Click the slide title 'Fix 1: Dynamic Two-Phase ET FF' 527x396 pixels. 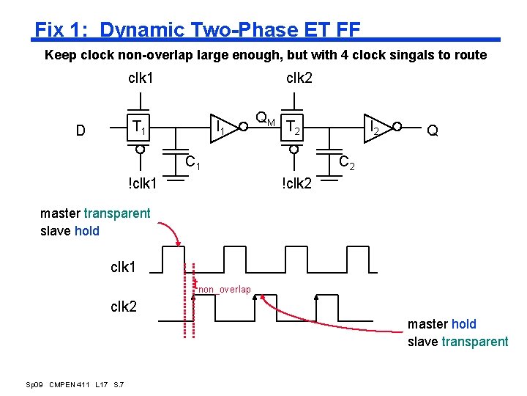(198, 30)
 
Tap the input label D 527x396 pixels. (81, 131)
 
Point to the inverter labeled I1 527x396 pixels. (228, 128)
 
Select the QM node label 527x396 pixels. (265, 118)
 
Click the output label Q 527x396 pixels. (433, 131)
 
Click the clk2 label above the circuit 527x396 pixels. (299, 77)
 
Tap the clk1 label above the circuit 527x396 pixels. (141, 77)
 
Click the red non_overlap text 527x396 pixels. (225, 290)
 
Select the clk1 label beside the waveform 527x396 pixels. (124, 268)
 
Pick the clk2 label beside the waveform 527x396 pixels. (124, 307)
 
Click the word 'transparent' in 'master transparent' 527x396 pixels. (117, 214)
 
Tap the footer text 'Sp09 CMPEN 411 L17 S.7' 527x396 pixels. (75, 385)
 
